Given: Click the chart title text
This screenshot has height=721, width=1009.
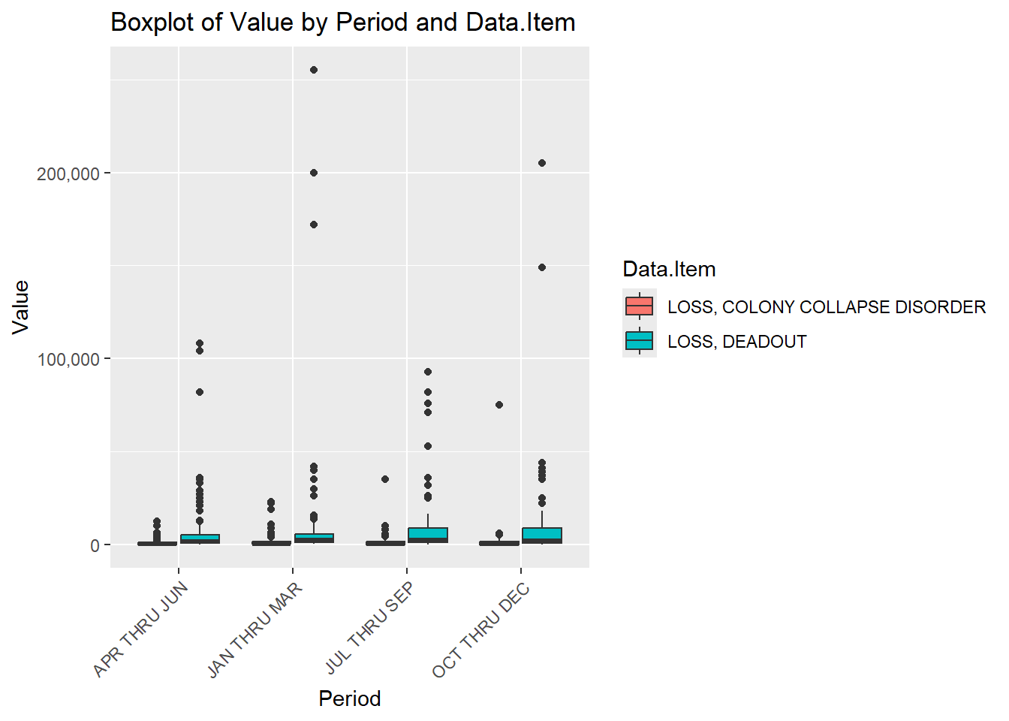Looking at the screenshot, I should coord(342,23).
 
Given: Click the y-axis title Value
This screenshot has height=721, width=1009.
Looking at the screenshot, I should coord(20,306).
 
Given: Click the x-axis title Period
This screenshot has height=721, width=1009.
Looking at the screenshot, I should coord(349,698).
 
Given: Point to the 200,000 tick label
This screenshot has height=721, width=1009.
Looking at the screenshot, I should coord(68,173).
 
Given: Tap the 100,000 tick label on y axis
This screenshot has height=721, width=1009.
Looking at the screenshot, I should coord(68,359).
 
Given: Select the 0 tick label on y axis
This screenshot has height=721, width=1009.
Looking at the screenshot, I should coord(95,545).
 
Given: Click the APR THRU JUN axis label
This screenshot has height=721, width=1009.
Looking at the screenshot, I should coord(141,629).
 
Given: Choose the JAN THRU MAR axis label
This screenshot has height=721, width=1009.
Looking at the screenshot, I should coord(255,629).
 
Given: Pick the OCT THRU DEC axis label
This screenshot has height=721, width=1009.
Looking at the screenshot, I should coord(482,629).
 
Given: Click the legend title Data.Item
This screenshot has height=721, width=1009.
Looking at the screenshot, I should coord(669,269).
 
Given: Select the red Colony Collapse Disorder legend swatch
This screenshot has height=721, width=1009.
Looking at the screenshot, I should coord(639,306).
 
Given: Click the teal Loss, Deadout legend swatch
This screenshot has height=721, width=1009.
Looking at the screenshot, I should coord(639,341).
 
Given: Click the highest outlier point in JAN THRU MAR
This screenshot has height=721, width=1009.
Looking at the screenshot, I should coord(314,70).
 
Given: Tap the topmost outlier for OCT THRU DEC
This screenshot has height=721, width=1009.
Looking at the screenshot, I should coord(542,163).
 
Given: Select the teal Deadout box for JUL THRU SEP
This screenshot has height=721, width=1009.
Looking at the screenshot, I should coord(428,535).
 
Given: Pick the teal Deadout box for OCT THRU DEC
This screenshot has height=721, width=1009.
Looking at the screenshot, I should coord(542,535).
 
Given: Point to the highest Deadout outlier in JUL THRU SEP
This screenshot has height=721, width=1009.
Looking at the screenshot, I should coord(428,372).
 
